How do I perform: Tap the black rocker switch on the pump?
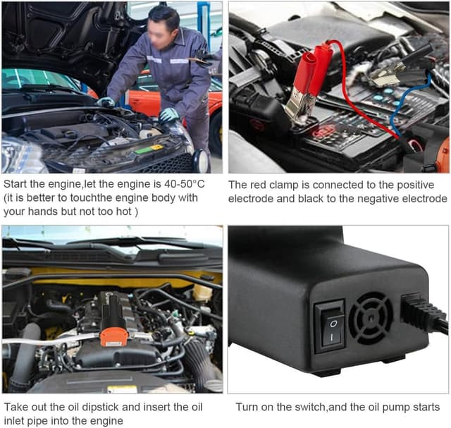point(330,326)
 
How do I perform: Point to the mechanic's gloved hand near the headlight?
point(169,115)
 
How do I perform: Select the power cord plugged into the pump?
point(426,314)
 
